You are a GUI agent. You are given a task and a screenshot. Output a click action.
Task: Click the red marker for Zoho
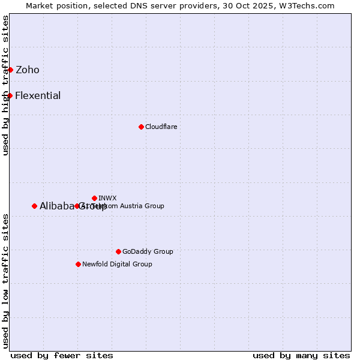pyautogui.click(x=10, y=70)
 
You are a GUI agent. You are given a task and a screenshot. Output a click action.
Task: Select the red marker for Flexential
pyautogui.click(x=10, y=95)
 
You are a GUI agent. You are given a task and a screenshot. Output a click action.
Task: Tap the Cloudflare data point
pyautogui.click(x=141, y=127)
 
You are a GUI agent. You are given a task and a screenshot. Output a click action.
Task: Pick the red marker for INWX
pyautogui.click(x=94, y=198)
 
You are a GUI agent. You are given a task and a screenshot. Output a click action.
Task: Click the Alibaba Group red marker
pyautogui.click(x=34, y=206)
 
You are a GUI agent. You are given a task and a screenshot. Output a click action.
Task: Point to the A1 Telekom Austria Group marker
pyautogui.click(x=77, y=206)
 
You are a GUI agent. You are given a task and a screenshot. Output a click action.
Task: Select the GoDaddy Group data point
pyautogui.click(x=118, y=251)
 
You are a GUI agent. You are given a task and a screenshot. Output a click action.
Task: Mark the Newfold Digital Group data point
pyautogui.click(x=78, y=264)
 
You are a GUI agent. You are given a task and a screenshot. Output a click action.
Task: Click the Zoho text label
pyautogui.click(x=28, y=70)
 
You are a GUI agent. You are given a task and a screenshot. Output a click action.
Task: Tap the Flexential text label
pyautogui.click(x=38, y=95)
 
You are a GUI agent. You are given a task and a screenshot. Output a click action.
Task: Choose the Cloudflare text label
pyautogui.click(x=161, y=127)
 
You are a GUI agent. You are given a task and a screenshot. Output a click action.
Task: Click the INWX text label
pyautogui.click(x=108, y=198)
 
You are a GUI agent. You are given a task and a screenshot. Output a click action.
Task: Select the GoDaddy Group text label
pyautogui.click(x=148, y=251)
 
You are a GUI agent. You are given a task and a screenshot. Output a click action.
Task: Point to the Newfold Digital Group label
pyautogui.click(x=117, y=264)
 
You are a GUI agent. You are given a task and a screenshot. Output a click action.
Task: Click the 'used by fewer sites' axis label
pyautogui.click(x=62, y=355)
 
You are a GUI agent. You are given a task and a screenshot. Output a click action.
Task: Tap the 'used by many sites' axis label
pyautogui.click(x=301, y=355)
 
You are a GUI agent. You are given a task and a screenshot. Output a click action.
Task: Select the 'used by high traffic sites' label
pyautogui.click(x=6, y=85)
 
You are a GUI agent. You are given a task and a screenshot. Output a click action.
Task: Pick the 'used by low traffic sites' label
pyautogui.click(x=6, y=280)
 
